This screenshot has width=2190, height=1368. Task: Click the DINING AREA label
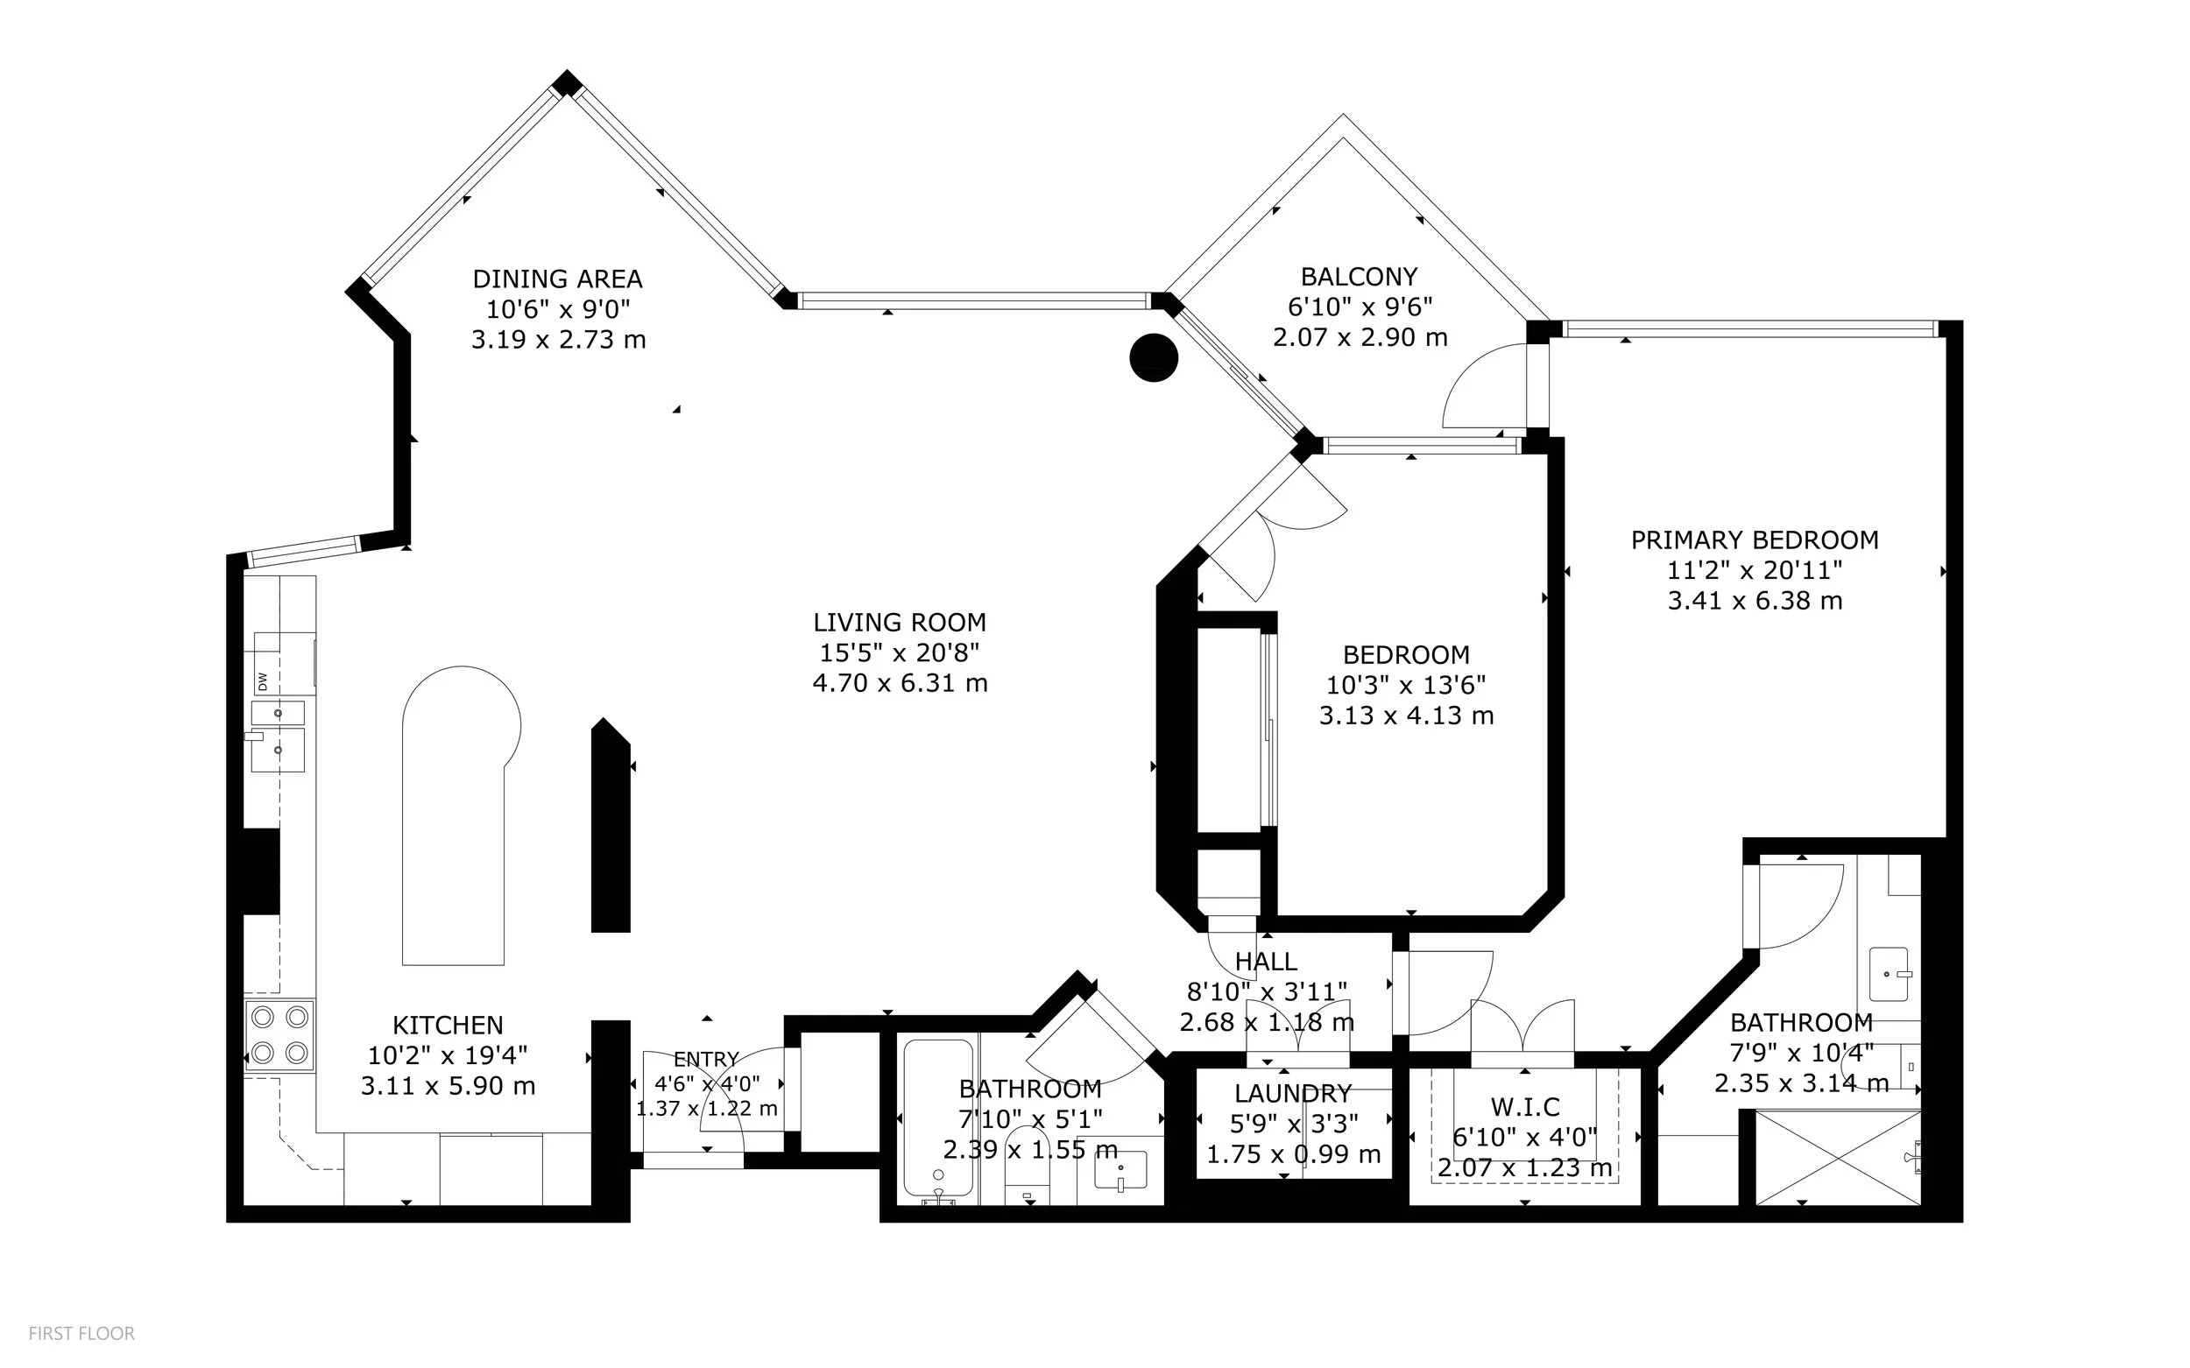coord(557,279)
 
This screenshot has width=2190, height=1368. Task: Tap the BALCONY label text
coord(1360,276)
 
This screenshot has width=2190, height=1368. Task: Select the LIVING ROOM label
coord(900,623)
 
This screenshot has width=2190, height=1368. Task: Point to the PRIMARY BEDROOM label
coord(1755,540)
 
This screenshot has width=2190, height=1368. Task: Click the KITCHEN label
coord(448,1025)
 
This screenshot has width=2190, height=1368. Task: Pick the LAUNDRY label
coord(1293,1093)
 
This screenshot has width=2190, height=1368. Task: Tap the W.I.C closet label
coord(1525,1106)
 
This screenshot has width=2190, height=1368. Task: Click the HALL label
coord(1266,961)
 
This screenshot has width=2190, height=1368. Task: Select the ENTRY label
coord(707,1059)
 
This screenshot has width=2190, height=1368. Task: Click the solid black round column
coord(1154,357)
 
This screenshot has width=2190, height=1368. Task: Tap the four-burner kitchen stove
coord(279,1036)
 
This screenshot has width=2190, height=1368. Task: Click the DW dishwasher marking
coord(263,680)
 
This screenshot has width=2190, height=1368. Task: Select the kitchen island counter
coord(457,814)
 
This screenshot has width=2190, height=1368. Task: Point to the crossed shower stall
coord(1838,1158)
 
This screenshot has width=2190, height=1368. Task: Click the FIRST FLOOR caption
coord(81,1334)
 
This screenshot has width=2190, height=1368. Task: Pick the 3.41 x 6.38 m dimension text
coord(1755,601)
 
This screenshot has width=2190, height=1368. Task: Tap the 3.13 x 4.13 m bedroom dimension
coord(1406,716)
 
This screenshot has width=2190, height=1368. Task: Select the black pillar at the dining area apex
coord(567,83)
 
